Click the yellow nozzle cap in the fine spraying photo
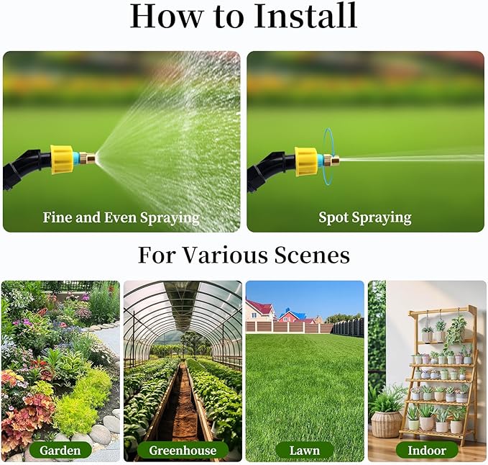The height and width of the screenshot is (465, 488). click(x=63, y=159)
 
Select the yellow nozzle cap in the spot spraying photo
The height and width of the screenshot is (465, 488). click(x=307, y=161)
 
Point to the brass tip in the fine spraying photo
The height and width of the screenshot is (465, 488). click(x=89, y=156)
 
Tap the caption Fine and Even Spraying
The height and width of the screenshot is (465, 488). click(x=121, y=217)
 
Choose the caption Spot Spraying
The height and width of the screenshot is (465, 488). click(x=365, y=217)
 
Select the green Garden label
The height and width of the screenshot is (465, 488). click(x=60, y=451)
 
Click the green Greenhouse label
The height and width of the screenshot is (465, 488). click(x=183, y=451)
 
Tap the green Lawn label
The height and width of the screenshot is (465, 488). click(x=305, y=451)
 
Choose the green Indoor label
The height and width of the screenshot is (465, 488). click(x=427, y=451)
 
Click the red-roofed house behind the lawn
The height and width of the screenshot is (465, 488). click(x=259, y=311)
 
